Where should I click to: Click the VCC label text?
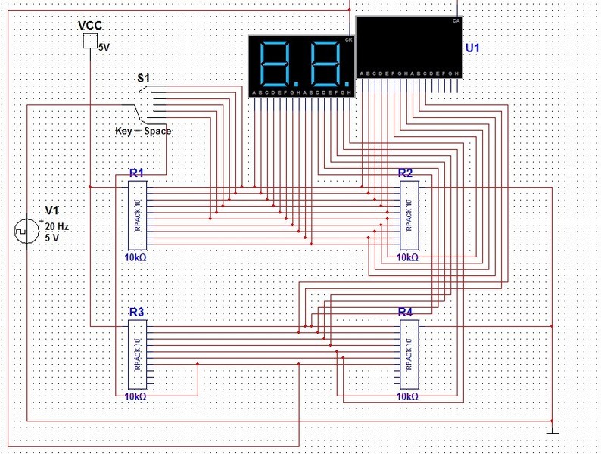[x=90, y=26]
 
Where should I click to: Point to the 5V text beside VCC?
[x=104, y=47]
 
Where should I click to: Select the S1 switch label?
[x=143, y=78]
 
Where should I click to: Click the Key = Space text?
[x=143, y=131]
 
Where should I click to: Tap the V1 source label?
[x=51, y=210]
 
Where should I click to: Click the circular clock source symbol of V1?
[x=26, y=231]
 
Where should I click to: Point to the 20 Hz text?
[x=56, y=226]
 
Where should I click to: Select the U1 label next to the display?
[x=472, y=48]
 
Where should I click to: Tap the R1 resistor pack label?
[x=136, y=173]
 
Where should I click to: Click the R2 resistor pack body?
[x=409, y=216]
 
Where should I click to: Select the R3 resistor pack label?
[x=136, y=312]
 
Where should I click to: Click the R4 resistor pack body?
[x=409, y=354]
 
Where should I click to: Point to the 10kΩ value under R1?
[x=135, y=257]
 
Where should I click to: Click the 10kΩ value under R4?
[x=407, y=396]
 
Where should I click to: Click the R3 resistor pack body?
[x=137, y=354]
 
